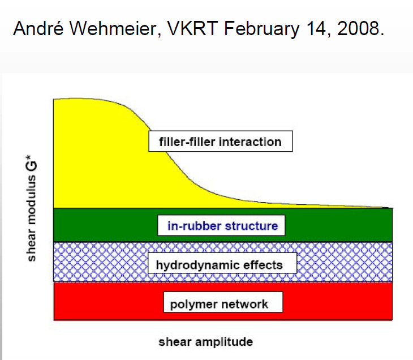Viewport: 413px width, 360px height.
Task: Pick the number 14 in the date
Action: (x=316, y=29)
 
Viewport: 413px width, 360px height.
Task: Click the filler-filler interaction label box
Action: (x=221, y=142)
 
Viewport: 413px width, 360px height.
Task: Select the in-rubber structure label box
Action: (x=222, y=226)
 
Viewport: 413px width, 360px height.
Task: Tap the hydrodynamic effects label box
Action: (x=218, y=264)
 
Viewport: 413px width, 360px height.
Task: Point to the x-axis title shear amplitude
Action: (x=205, y=341)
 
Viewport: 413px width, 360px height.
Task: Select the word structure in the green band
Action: (x=252, y=226)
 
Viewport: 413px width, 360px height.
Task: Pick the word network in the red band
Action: (x=244, y=304)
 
